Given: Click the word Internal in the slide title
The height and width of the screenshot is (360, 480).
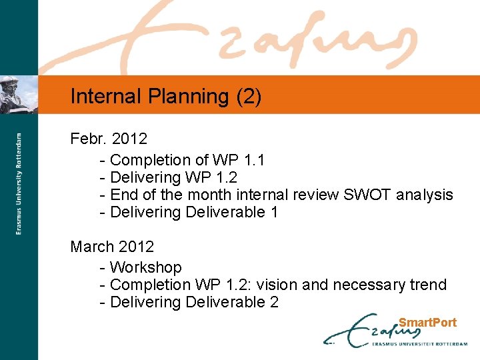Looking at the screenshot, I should click(x=107, y=97).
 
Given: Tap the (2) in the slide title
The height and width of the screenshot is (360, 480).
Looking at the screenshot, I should click(x=249, y=97).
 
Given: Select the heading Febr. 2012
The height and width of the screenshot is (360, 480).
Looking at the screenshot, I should click(x=109, y=139).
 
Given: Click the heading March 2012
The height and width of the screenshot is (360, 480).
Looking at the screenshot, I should click(x=112, y=247).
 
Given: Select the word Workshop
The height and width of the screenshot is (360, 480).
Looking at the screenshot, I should click(x=145, y=267).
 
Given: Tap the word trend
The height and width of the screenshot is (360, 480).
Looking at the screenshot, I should click(x=428, y=285).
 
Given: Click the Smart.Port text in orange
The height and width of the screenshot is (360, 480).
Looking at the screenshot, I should click(x=427, y=323).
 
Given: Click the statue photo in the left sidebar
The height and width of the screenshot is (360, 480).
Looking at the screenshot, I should click(x=19, y=94).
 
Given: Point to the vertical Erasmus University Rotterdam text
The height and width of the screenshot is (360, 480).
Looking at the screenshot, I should click(x=19, y=183).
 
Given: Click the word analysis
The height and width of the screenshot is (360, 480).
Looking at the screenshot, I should click(x=425, y=195).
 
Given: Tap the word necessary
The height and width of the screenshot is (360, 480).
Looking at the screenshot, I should click(x=369, y=285).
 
